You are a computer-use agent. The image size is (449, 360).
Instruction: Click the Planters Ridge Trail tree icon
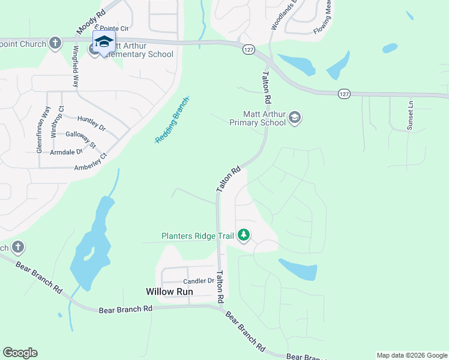point(244,235)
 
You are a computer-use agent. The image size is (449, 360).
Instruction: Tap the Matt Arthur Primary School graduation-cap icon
point(294,117)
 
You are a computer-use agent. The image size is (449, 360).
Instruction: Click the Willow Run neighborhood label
point(169,292)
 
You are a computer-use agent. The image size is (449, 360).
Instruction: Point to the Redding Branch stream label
point(172,119)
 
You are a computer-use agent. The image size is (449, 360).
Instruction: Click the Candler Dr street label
point(199,281)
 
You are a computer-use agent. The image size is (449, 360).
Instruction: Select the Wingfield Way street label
point(76,66)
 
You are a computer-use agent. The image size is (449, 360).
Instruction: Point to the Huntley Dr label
point(91,124)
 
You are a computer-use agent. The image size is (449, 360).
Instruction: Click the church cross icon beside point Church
point(55,43)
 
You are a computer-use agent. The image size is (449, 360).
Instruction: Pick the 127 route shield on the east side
point(343,94)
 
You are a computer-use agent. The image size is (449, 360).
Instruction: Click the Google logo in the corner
point(20,353)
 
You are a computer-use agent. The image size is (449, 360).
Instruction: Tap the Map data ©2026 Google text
point(412,355)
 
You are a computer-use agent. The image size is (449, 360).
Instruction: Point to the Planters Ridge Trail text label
point(197,236)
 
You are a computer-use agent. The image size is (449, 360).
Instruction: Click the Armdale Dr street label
point(66,152)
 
